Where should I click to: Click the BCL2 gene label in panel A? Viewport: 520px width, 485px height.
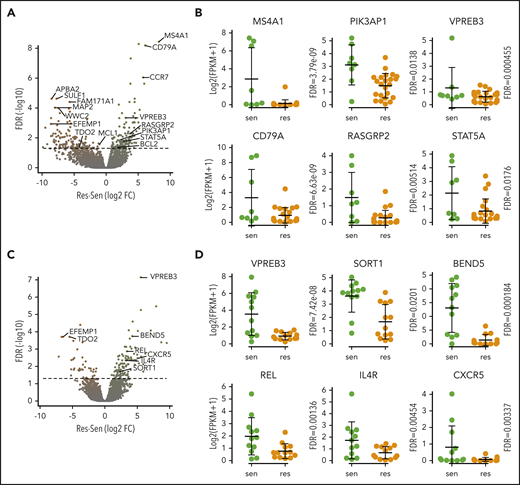(148, 146)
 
